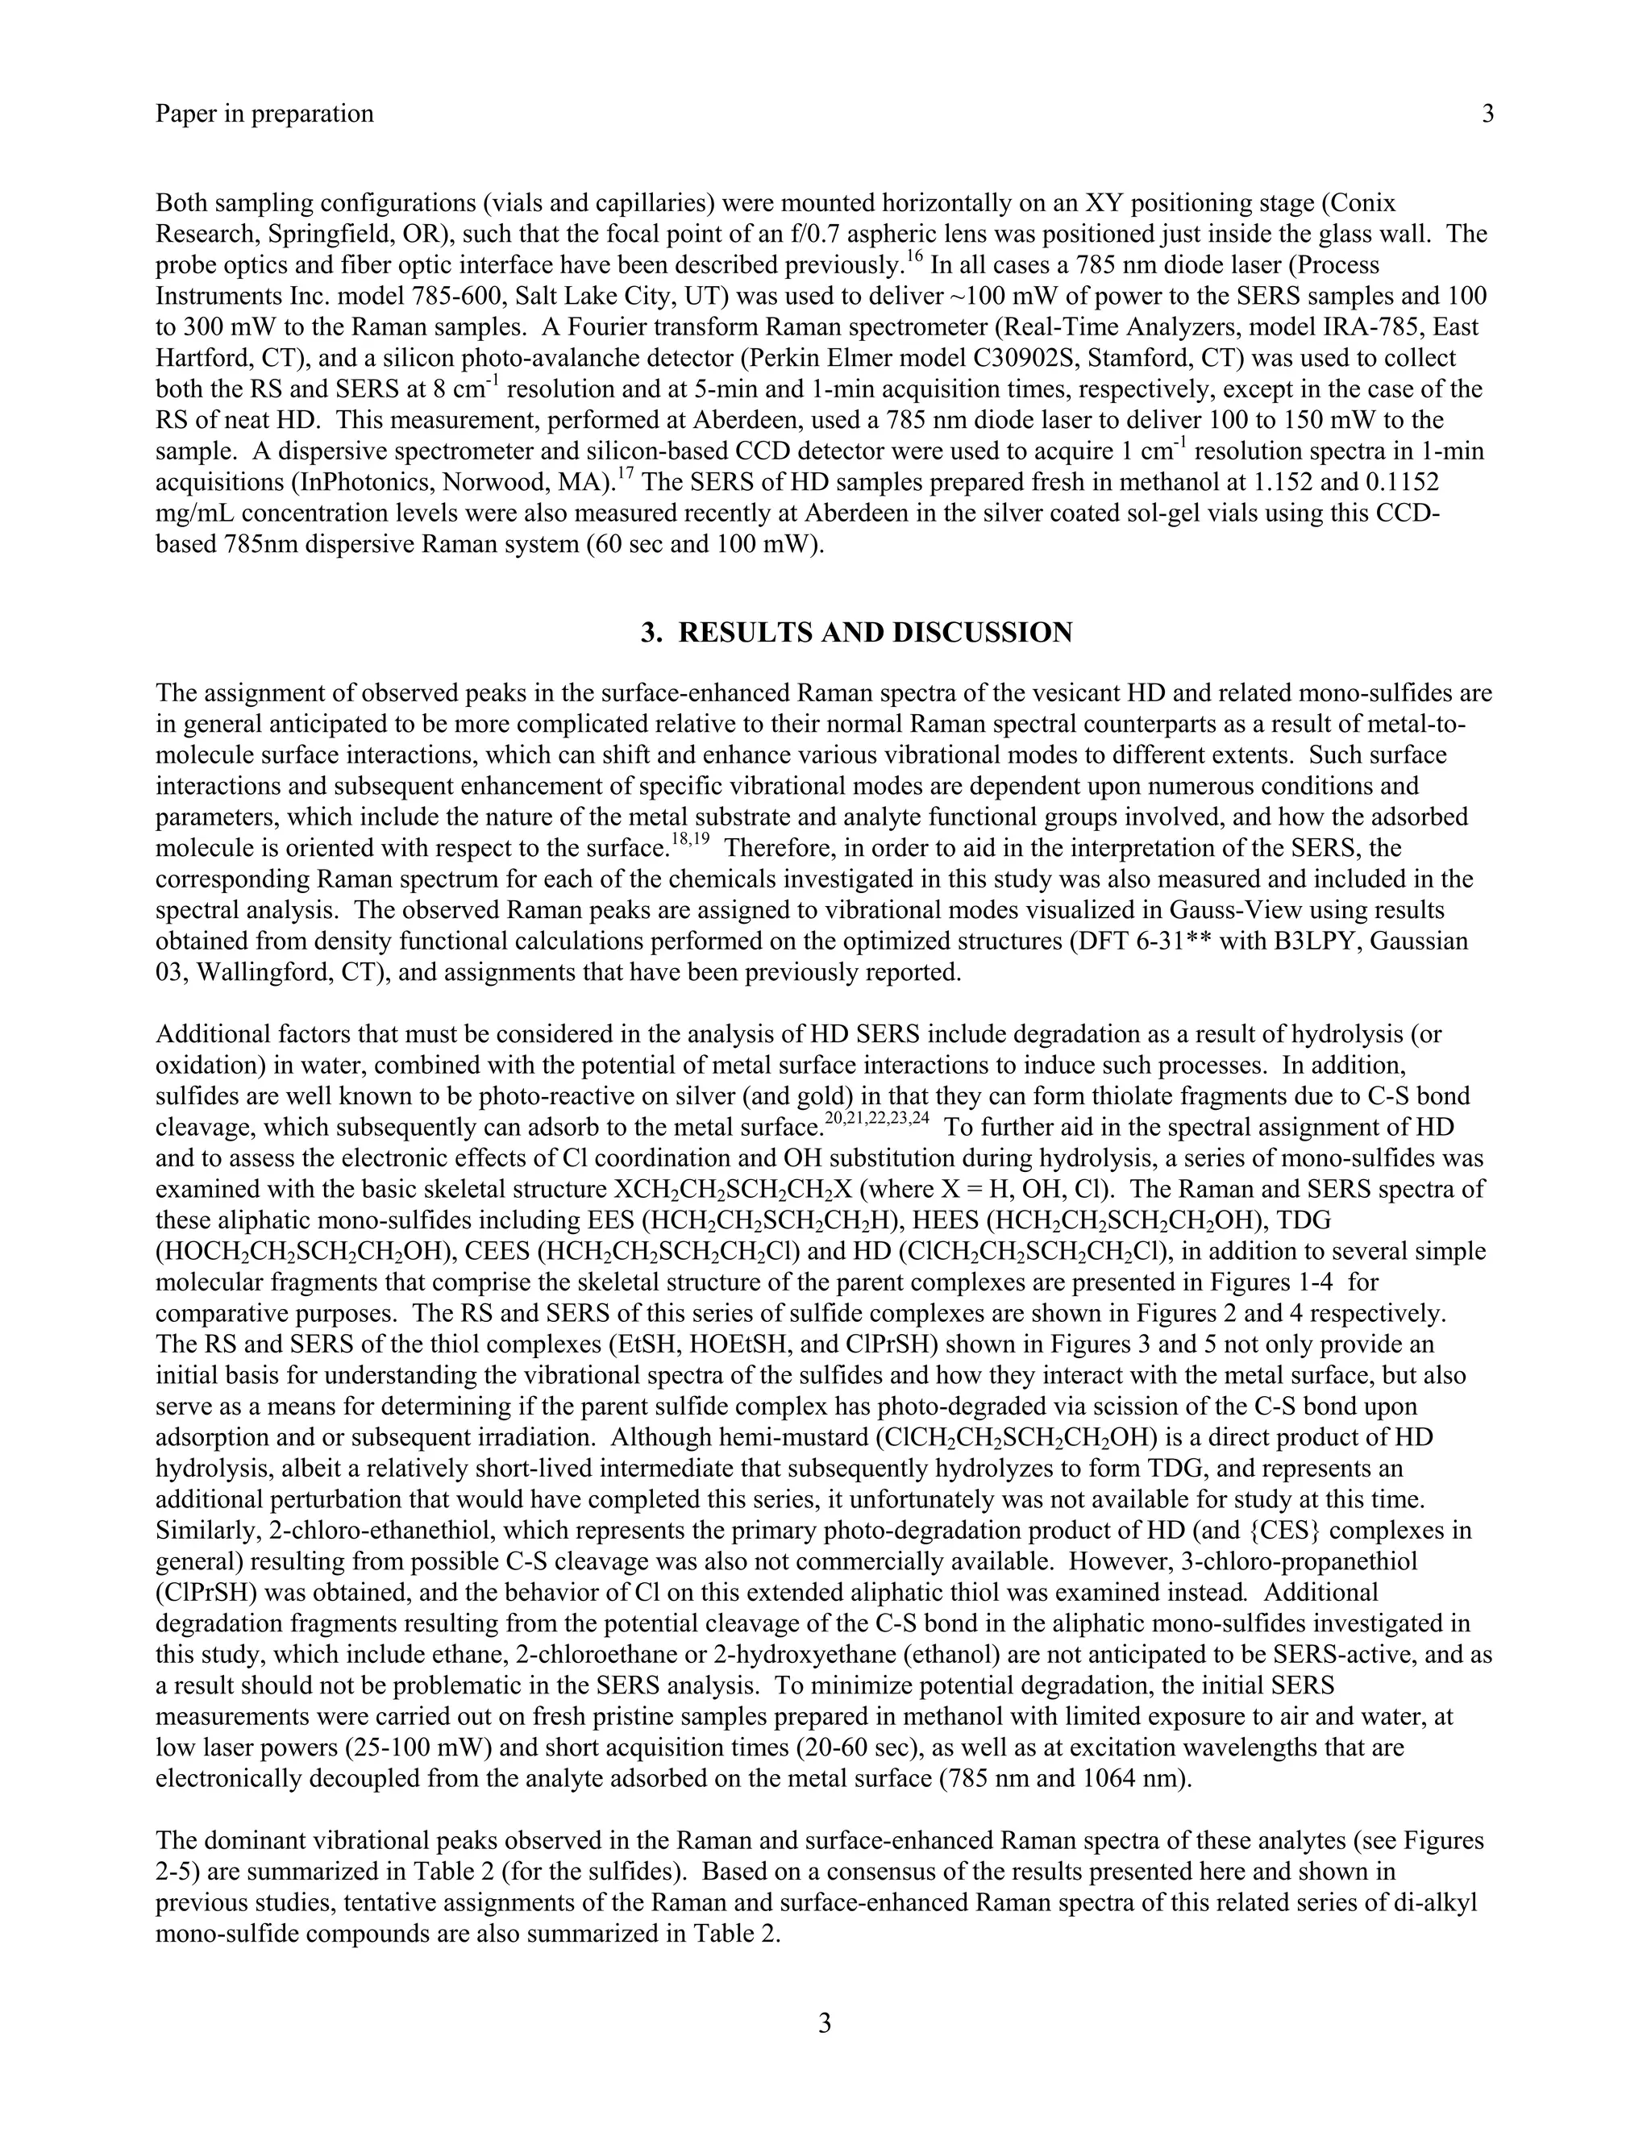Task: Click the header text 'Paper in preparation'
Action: [x=264, y=114]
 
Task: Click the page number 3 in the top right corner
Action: [x=1487, y=114]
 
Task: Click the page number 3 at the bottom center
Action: [x=825, y=2023]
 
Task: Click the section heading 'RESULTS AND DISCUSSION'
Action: [x=875, y=633]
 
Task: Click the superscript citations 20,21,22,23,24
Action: [x=876, y=1121]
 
